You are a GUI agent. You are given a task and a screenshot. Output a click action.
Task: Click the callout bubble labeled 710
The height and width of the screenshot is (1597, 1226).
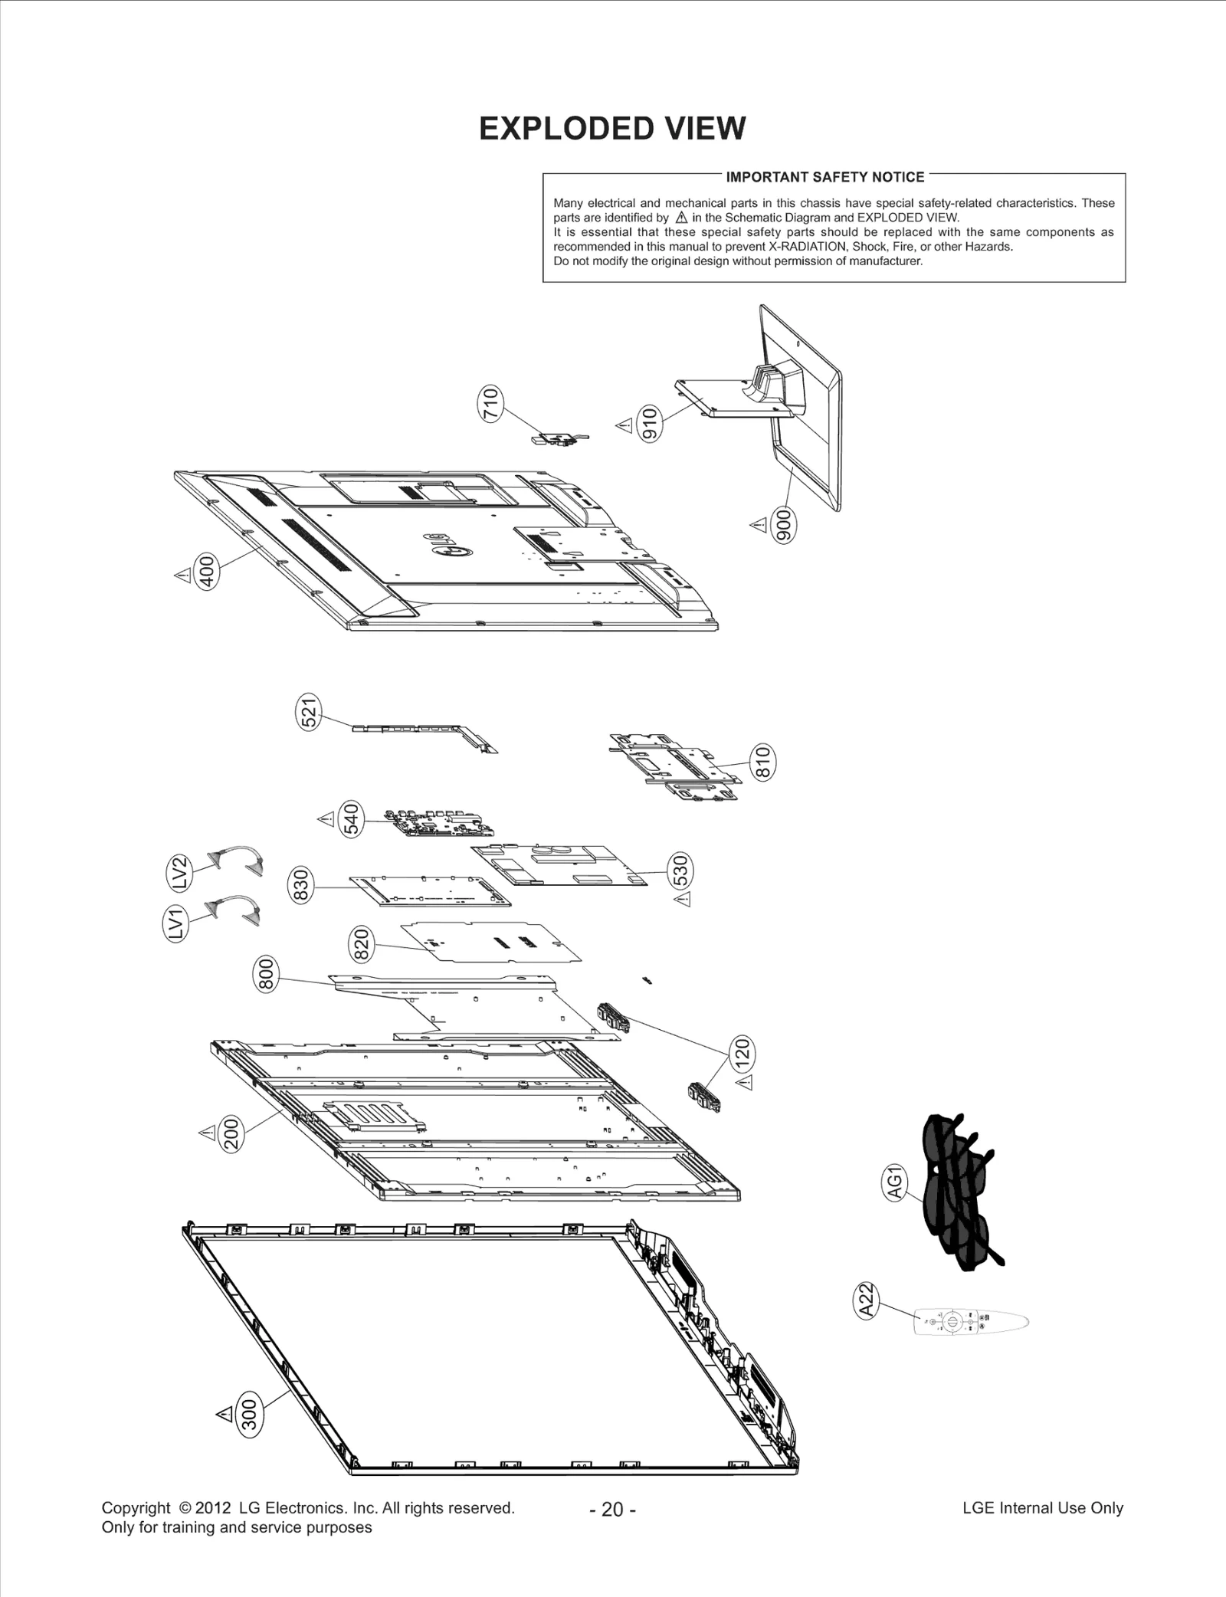(x=491, y=404)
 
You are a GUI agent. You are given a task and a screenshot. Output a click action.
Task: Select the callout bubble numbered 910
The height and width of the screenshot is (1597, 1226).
(x=650, y=423)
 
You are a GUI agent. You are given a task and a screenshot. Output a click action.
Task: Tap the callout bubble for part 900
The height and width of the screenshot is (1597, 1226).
(x=784, y=526)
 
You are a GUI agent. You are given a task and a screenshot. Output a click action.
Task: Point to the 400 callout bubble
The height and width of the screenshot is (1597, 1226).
(x=207, y=572)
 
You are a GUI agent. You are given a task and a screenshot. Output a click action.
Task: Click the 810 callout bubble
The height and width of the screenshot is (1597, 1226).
(x=762, y=762)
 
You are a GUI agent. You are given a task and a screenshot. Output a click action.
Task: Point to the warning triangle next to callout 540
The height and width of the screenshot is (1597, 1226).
(x=326, y=819)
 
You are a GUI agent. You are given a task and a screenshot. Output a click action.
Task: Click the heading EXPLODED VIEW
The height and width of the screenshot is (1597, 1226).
(x=611, y=129)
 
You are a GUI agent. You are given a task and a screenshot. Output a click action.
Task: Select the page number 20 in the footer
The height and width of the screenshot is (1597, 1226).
(x=612, y=1509)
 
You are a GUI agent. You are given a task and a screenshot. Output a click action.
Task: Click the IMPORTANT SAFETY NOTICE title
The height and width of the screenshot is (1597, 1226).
(x=824, y=177)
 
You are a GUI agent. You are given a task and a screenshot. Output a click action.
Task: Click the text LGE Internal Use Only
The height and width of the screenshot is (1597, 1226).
(x=1042, y=1507)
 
